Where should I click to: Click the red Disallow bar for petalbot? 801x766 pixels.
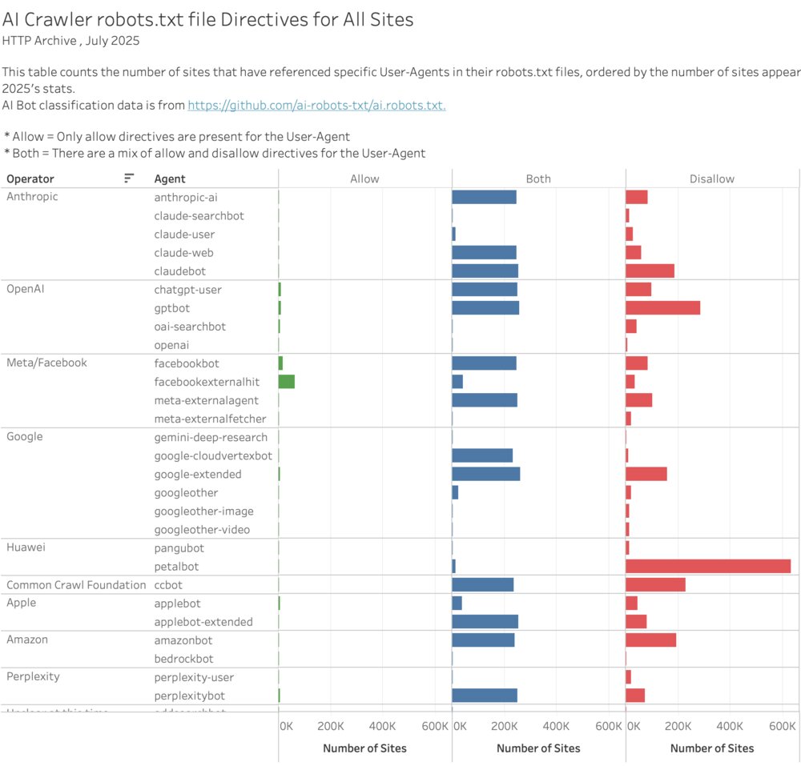[x=708, y=566]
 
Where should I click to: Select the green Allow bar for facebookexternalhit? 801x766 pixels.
[x=287, y=382]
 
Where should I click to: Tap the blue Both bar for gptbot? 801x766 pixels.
[x=485, y=308]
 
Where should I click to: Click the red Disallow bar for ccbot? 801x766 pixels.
[x=655, y=585]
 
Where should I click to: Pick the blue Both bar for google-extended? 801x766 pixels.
[x=486, y=474]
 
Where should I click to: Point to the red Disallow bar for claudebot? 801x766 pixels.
[x=650, y=271]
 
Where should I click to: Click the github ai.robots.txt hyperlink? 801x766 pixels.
[x=316, y=106]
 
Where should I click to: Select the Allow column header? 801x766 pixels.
[x=364, y=179]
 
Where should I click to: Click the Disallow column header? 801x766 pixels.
[x=711, y=179]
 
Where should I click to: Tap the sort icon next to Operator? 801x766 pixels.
[x=129, y=178]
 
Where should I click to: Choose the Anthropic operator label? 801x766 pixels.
[x=32, y=197]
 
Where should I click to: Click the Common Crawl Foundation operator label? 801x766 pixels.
[x=76, y=585]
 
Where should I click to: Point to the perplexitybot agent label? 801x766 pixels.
[x=190, y=696]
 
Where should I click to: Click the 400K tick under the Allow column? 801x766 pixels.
[x=382, y=726]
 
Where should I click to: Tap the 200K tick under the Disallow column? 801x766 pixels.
[x=678, y=726]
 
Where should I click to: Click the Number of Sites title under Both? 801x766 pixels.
[x=538, y=748]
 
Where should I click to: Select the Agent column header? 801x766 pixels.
[x=170, y=179]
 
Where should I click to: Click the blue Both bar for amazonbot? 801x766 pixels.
[x=483, y=640]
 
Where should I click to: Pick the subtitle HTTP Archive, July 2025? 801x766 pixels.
[x=65, y=40]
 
